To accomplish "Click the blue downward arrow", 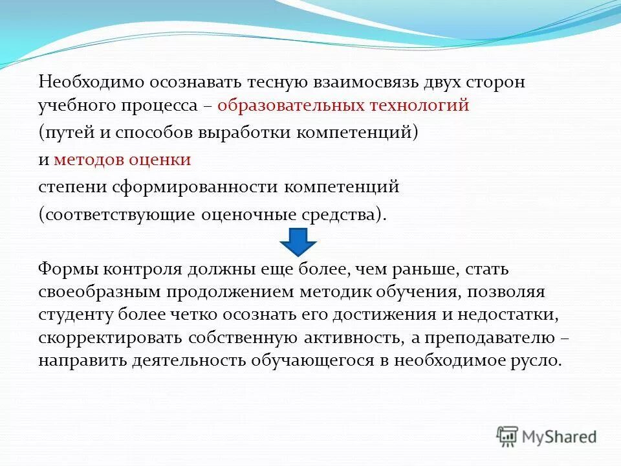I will click(298, 242).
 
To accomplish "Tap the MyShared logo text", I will click(560, 436).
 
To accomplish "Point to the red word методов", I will click(94, 159).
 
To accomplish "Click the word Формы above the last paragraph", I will click(67, 269).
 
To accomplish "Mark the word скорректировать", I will click(110, 337).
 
